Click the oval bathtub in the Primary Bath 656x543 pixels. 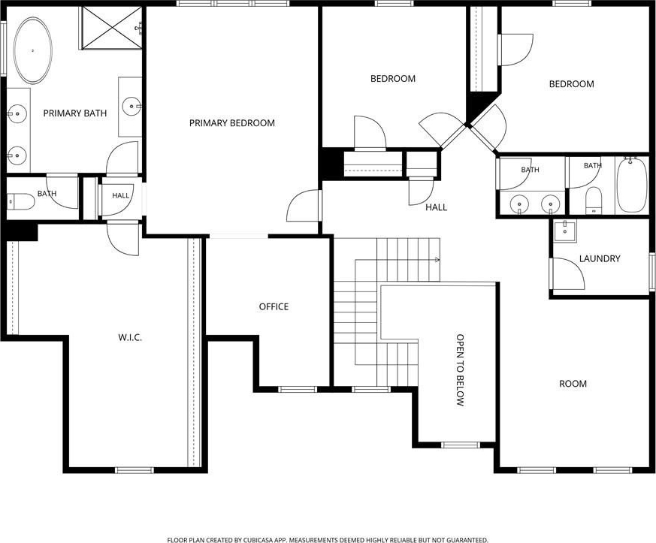pos(33,50)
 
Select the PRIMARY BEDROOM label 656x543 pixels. pos(232,123)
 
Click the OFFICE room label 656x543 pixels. pos(274,307)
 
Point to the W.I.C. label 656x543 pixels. pos(130,337)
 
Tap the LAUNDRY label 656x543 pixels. pos(600,259)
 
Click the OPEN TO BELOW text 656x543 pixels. pos(460,370)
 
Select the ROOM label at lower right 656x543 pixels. pos(573,384)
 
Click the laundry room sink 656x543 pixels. pos(564,231)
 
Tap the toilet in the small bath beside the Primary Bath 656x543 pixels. pos(20,201)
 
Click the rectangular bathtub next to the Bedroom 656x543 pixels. pos(632,186)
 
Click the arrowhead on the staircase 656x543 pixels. pos(437,260)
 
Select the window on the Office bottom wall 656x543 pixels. pos(298,390)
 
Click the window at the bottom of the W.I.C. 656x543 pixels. pos(135,470)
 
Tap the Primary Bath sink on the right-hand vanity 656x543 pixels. pos(132,106)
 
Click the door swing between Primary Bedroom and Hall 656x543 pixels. pos(304,206)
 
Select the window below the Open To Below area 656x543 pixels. pos(461,445)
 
